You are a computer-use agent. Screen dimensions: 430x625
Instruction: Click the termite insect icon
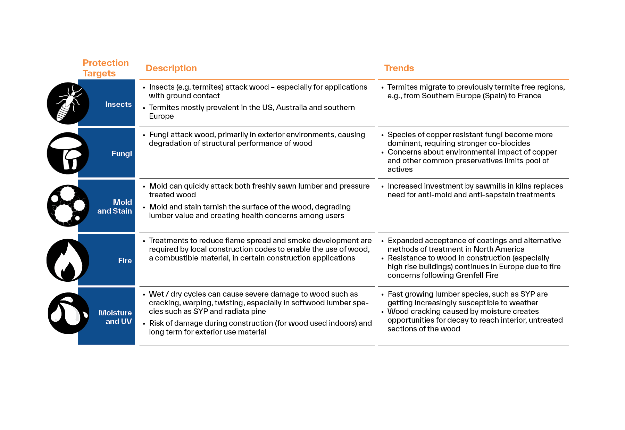tap(68, 104)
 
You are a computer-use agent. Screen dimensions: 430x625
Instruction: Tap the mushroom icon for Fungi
tap(68, 153)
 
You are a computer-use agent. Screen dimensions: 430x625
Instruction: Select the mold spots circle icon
tap(68, 206)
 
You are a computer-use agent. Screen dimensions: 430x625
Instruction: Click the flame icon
tap(68, 260)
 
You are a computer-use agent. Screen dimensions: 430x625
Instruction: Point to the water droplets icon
tap(68, 313)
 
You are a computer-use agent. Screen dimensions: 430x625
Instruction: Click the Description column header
tap(171, 68)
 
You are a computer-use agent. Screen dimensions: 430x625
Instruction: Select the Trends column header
tap(399, 68)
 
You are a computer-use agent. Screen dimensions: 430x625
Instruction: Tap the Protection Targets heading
tap(106, 68)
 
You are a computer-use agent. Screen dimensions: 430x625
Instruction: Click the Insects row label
tap(118, 104)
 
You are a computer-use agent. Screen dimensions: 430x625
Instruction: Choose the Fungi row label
tap(122, 154)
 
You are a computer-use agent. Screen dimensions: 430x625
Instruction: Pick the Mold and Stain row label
tap(115, 207)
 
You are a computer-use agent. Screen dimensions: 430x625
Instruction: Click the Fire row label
tap(125, 261)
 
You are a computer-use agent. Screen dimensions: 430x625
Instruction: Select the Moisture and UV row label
tap(115, 317)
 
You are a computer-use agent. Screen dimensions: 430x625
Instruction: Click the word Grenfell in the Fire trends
tap(469, 275)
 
